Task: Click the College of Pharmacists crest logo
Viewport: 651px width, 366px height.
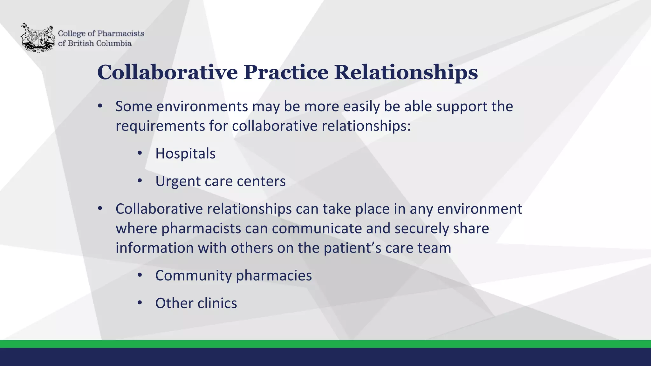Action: point(38,37)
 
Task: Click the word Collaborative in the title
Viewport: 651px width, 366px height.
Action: point(167,72)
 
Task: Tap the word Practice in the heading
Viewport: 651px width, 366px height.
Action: point(286,72)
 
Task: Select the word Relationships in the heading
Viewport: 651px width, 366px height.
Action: point(406,72)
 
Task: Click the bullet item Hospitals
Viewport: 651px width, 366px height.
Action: point(185,153)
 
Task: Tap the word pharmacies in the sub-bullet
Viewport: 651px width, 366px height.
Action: point(274,275)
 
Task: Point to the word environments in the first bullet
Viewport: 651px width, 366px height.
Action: point(202,106)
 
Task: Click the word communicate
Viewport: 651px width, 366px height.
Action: point(317,228)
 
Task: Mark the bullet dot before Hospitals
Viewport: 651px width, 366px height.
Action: point(140,153)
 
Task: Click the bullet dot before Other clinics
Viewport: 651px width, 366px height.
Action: point(140,303)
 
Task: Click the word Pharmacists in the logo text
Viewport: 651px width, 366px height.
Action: point(120,33)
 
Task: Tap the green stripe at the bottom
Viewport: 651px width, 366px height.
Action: point(325,344)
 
